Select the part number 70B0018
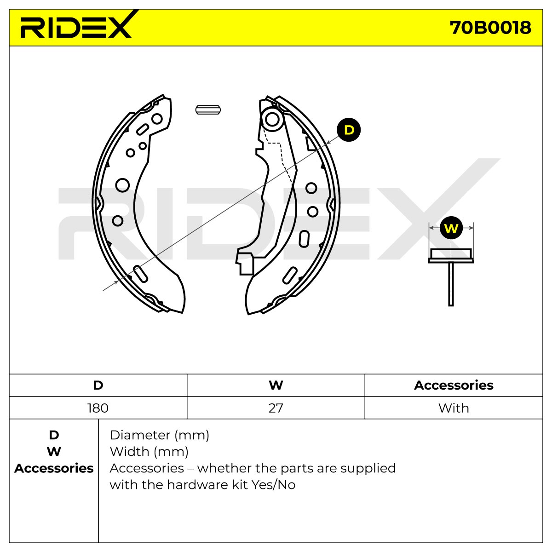pos(490,28)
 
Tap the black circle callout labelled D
pos(349,130)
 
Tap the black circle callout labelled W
pos(451,228)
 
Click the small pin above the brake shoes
pos(208,110)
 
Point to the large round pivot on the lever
pos(272,119)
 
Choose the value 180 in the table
pos(98,408)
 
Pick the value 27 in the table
pos(276,408)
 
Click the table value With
pos(454,408)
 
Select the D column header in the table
pos(98,385)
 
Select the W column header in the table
pos(276,385)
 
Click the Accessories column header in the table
pos(454,385)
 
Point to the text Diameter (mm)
pos(160,435)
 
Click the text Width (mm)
pos(149,452)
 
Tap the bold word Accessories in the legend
pos(54,468)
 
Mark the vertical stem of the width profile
pos(451,284)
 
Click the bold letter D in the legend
pos(54,435)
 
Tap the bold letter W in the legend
pos(54,452)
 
